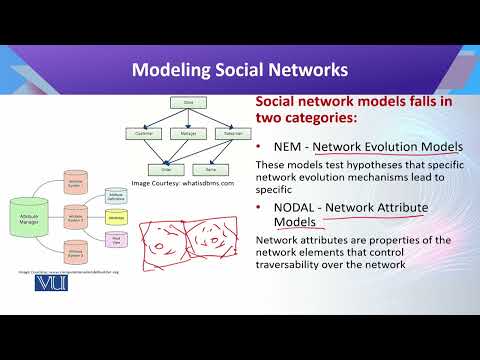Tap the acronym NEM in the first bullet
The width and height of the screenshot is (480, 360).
click(289, 147)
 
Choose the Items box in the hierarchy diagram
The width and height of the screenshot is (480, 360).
click(209, 170)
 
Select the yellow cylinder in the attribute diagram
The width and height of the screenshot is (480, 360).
click(117, 214)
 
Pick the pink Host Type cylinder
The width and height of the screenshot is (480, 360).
click(117, 239)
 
